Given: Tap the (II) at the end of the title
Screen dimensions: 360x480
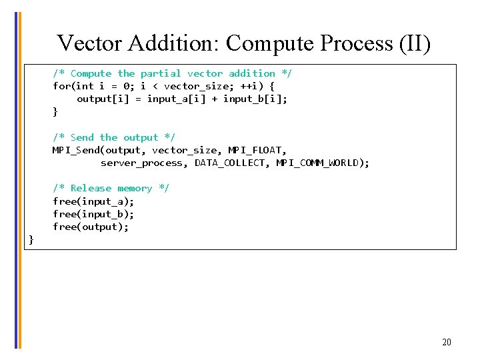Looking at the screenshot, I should [x=415, y=43].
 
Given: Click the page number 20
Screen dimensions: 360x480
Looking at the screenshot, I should [x=446, y=342].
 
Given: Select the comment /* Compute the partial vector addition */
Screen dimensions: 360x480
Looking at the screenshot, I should [x=172, y=73].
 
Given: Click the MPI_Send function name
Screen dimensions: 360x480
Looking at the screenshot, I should [x=76, y=150].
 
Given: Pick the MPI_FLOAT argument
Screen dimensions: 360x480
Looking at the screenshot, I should [x=257, y=150].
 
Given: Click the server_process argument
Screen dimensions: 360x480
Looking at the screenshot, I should [x=142, y=163].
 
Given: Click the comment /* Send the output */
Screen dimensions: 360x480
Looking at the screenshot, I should [x=114, y=137].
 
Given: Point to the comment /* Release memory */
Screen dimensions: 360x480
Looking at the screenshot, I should [x=111, y=188].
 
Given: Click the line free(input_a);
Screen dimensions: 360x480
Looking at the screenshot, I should [x=93, y=201].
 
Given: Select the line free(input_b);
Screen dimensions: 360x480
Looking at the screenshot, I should [x=93, y=214].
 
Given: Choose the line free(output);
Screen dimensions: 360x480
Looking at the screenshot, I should [x=91, y=227].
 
